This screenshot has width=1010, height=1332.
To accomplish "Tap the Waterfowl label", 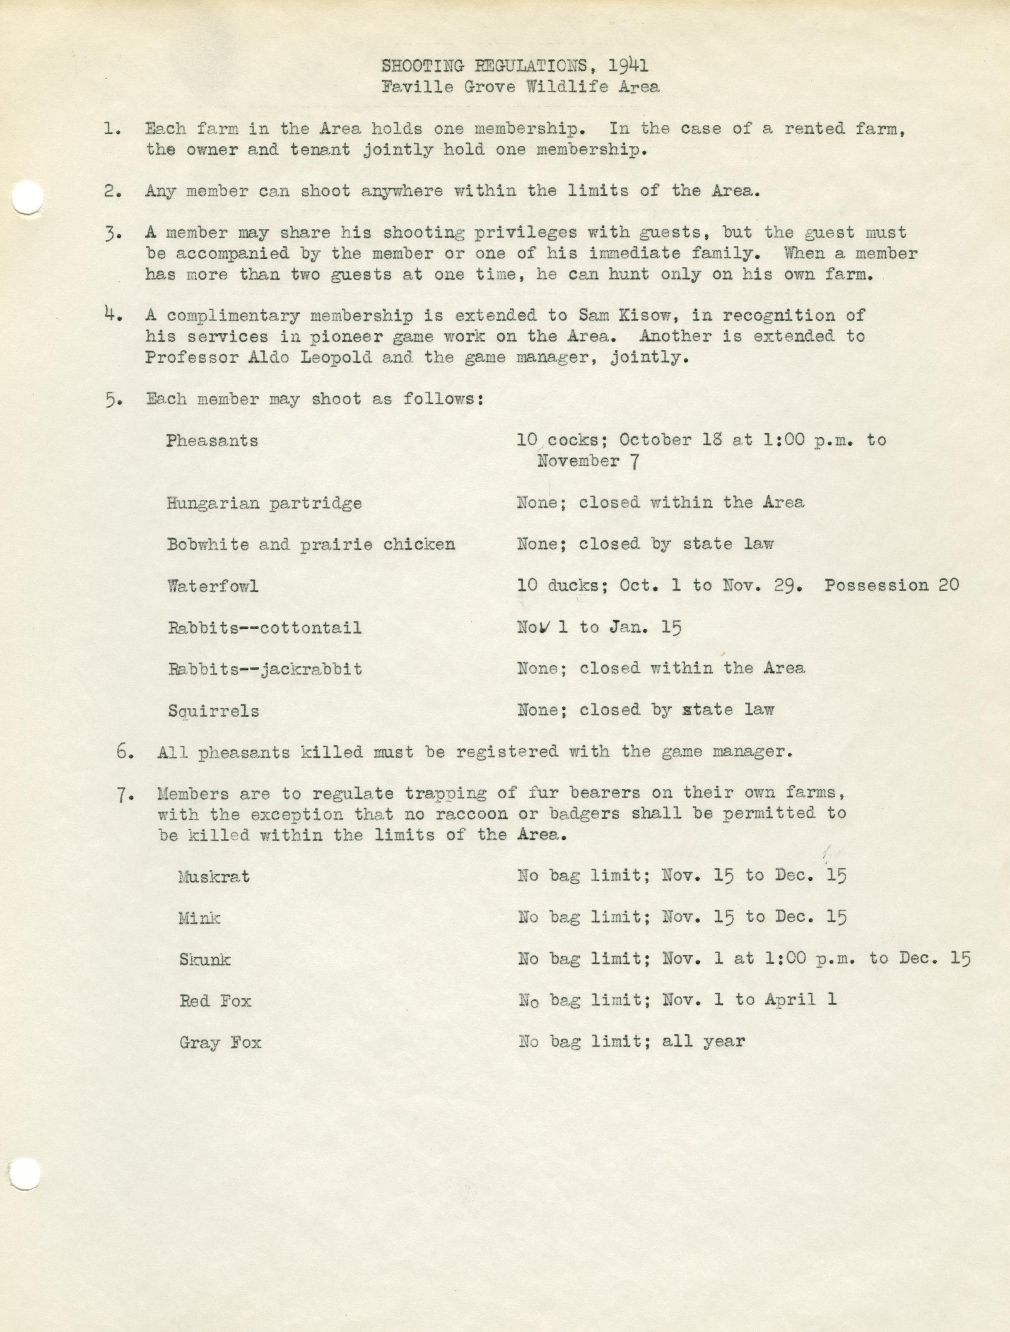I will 212,586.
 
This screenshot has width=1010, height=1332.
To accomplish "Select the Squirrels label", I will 213,711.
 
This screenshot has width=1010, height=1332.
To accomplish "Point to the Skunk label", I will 205,959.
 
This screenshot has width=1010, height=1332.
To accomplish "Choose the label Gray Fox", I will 220,1042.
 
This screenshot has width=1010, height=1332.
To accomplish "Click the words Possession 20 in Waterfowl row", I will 891,585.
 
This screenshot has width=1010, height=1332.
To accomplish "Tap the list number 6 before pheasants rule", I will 125,752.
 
